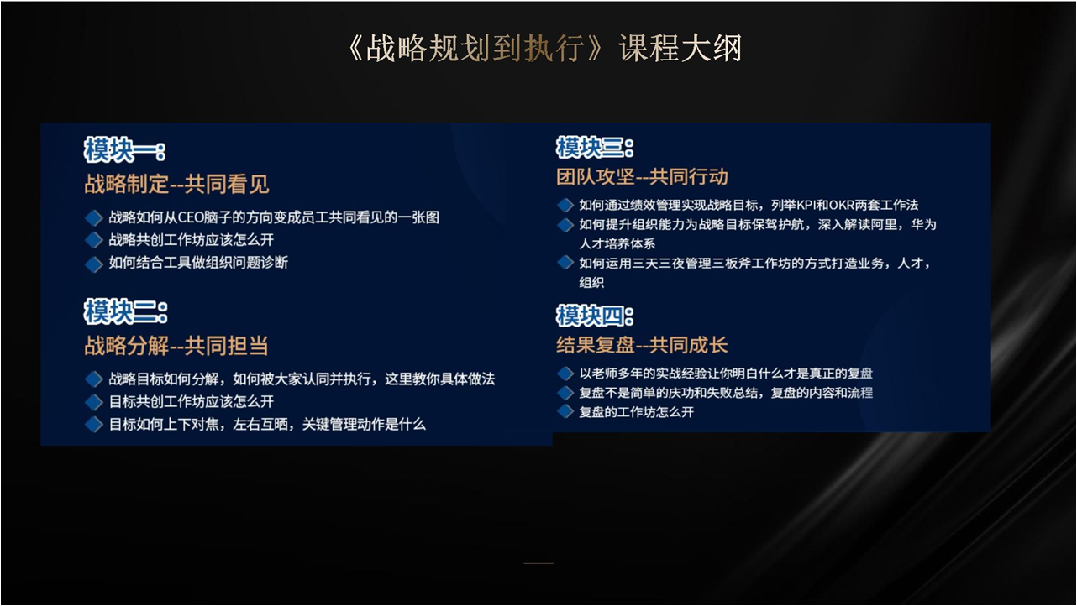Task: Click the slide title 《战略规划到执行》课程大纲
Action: pos(544,48)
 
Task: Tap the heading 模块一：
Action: pos(125,149)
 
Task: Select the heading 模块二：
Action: pos(125,311)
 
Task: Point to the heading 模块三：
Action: pos(595,147)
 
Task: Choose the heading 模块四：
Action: pos(595,316)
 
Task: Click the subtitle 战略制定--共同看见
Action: pos(176,184)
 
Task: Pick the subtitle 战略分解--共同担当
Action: pos(176,345)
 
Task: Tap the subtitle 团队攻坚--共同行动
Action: pos(642,177)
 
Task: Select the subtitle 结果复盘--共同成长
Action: pos(642,345)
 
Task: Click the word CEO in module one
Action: pos(191,217)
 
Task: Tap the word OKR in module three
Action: pos(841,205)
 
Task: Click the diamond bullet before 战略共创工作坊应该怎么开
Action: pos(94,240)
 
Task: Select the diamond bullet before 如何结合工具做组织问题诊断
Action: pos(94,264)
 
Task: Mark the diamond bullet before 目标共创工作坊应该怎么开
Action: pos(94,402)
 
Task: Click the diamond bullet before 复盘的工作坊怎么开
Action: pos(565,411)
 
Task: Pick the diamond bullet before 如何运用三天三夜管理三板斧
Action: pos(565,263)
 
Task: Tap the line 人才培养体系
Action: pos(617,244)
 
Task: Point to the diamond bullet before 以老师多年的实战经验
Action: pos(565,374)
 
